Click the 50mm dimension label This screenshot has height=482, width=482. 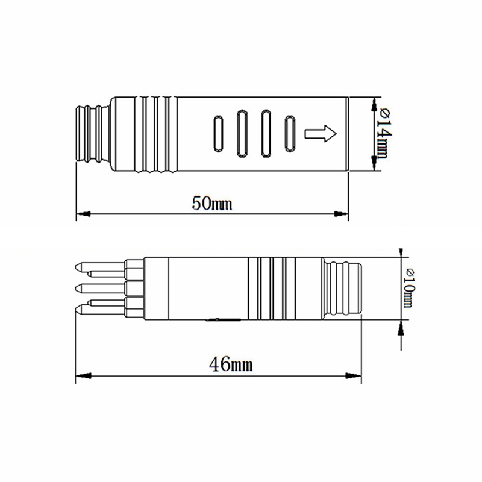point(212,204)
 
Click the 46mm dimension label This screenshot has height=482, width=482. point(231,365)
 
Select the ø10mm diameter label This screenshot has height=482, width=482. point(409,288)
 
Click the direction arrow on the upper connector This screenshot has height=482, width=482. point(321,134)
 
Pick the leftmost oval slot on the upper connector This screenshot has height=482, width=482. point(218,134)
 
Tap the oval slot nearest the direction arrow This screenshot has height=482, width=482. point(290,134)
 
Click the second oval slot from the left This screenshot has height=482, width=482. point(242,134)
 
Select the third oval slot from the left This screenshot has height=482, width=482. point(266,134)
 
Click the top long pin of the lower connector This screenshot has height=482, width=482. point(100,267)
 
